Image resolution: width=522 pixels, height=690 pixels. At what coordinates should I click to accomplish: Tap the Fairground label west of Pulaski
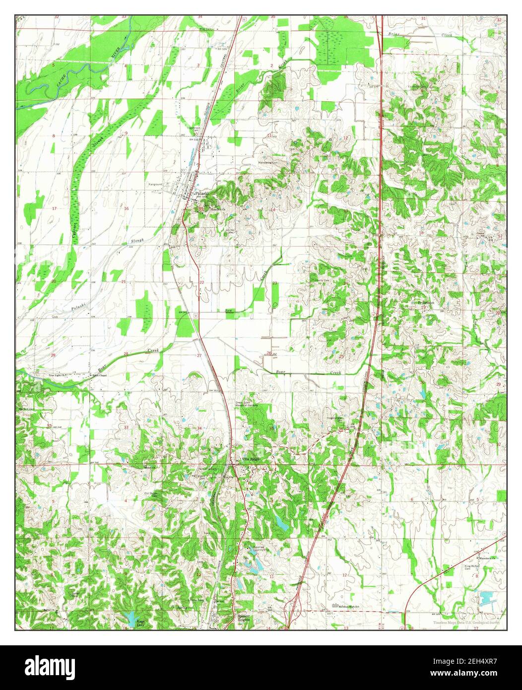pyautogui.click(x=156, y=184)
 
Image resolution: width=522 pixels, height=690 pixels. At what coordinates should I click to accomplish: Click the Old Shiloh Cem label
pyautogui.click(x=151, y=494)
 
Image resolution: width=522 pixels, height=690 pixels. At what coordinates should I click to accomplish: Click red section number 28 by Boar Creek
pyautogui.click(x=126, y=354)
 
